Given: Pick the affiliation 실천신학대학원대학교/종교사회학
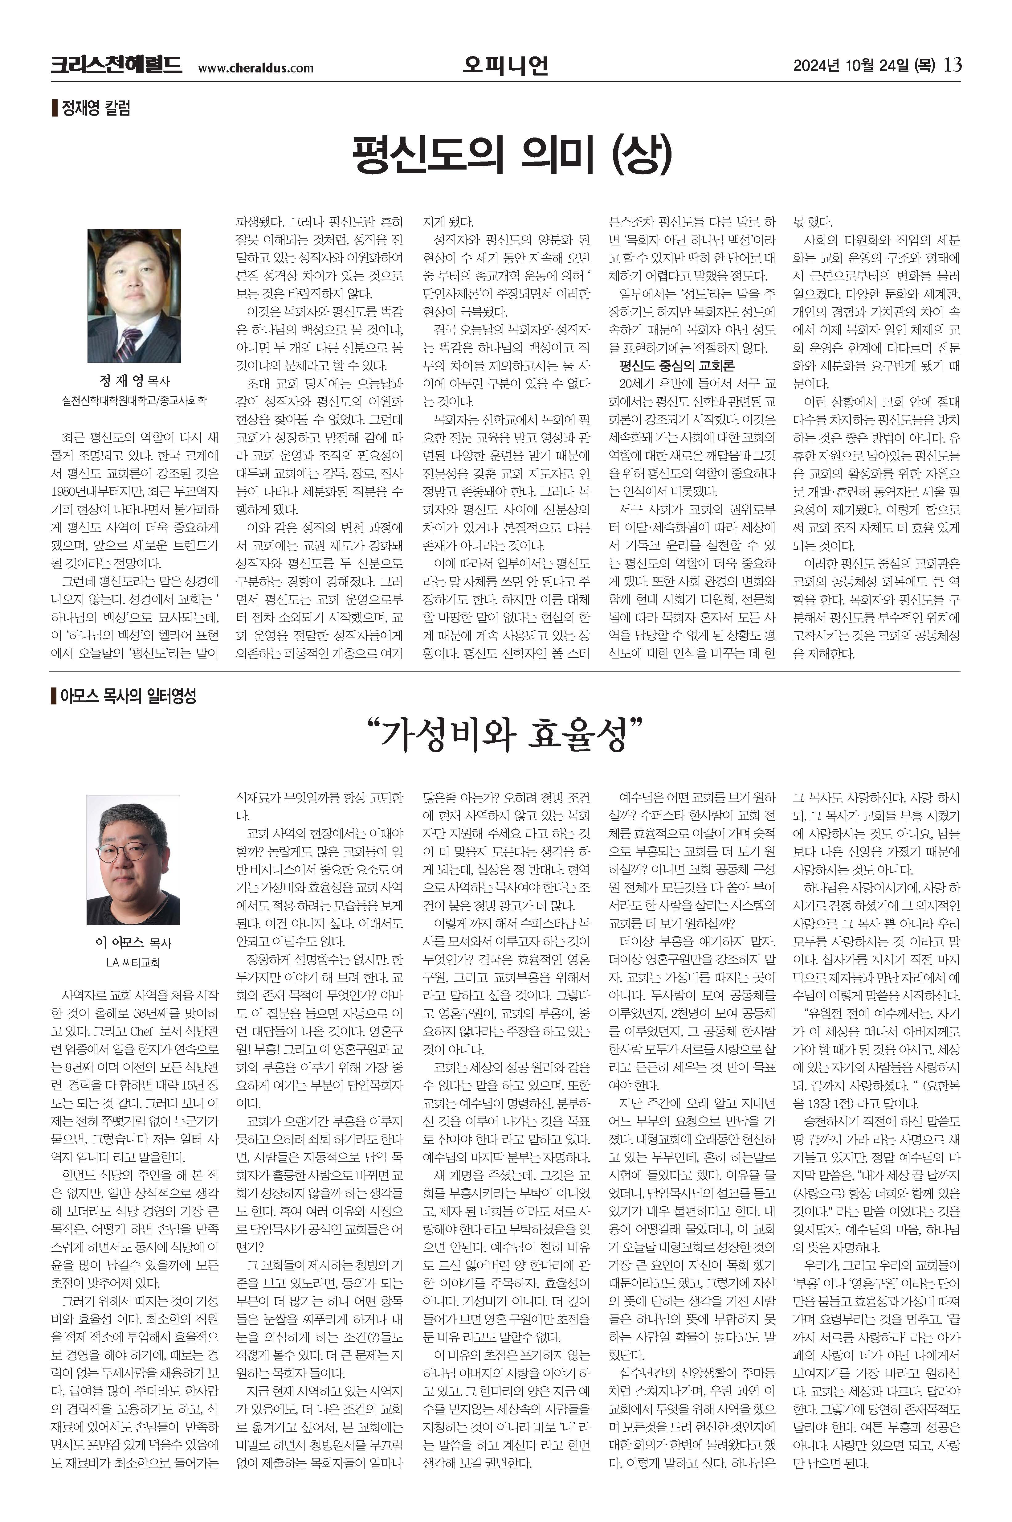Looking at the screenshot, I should pyautogui.click(x=134, y=400).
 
